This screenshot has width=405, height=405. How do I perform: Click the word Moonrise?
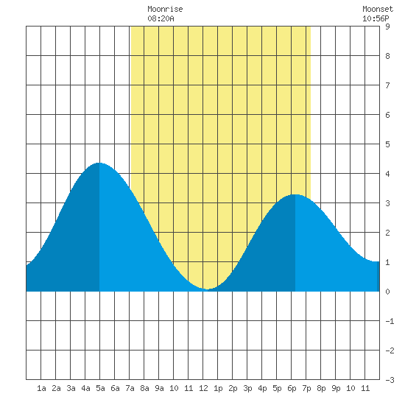tap(165, 9)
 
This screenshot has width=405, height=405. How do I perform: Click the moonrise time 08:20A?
tap(161, 18)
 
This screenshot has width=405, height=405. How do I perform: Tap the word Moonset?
tap(378, 9)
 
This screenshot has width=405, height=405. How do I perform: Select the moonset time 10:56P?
tap(376, 18)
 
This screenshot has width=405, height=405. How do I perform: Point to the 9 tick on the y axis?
tap(387, 27)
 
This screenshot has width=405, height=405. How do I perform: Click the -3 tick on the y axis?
tap(390, 380)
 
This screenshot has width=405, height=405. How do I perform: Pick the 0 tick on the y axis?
tap(387, 292)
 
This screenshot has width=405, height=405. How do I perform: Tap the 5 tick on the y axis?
tap(387, 144)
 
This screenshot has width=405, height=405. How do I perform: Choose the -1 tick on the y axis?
tap(390, 321)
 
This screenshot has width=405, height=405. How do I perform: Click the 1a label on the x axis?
tap(41, 388)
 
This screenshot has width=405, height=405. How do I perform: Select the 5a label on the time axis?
tap(100, 388)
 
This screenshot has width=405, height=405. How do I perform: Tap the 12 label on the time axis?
tap(203, 388)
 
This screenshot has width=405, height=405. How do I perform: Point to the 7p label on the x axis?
tap(306, 388)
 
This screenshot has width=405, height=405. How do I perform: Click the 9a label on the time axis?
tap(159, 388)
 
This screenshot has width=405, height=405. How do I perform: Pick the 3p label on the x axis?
tap(247, 388)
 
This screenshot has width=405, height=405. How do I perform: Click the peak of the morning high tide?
tap(99, 163)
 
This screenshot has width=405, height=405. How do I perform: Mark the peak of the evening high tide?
tap(295, 194)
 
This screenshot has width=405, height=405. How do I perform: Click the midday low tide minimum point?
tap(207, 289)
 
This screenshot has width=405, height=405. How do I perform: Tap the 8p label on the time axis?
tap(321, 388)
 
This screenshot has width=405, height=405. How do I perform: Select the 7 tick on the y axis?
tap(387, 85)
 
